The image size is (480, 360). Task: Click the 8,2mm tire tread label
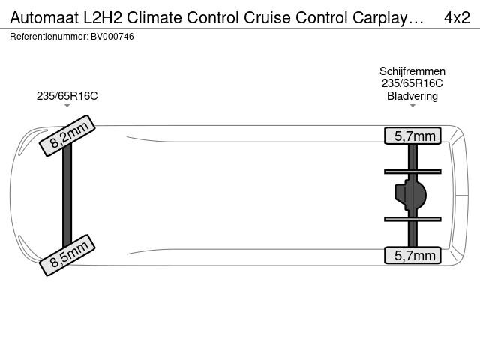[67, 136]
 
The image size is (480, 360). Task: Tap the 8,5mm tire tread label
[67, 255]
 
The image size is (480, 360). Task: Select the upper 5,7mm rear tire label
[412, 136]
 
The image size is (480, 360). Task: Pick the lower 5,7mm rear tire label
[412, 255]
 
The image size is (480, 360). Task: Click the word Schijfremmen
[412, 71]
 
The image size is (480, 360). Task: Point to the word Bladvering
[412, 96]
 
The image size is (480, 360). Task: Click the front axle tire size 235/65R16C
[67, 96]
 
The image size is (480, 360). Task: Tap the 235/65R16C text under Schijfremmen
[412, 83]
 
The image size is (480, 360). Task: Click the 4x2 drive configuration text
[457, 18]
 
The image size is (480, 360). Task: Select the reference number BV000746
[112, 37]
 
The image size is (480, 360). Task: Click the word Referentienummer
[49, 37]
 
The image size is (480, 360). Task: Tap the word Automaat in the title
[44, 18]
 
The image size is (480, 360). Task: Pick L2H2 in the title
[103, 18]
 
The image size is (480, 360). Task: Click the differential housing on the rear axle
[411, 195]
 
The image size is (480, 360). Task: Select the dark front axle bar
[67, 195]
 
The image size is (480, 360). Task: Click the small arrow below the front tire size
[67, 106]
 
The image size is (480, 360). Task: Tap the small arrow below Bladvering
[412, 106]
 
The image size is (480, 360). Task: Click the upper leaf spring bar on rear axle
[412, 172]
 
